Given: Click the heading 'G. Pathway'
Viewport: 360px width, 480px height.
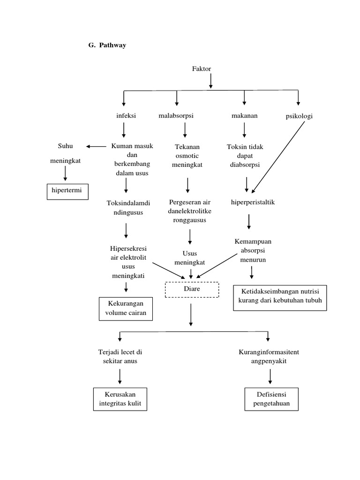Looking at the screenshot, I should click(x=107, y=45).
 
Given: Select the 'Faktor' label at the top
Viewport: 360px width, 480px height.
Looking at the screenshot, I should click(x=202, y=69).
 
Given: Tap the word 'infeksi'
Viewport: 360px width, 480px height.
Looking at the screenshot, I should click(x=126, y=116).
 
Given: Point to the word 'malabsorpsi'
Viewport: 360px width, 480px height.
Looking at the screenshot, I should click(x=177, y=116).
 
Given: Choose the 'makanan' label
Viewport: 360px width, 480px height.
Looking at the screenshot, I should click(x=244, y=116).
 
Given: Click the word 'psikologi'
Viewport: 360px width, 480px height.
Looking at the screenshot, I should click(x=299, y=117).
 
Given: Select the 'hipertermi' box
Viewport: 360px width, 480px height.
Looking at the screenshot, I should click(x=67, y=192).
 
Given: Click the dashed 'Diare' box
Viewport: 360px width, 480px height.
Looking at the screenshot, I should click(x=192, y=289).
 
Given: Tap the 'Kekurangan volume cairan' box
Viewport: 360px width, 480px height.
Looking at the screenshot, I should click(x=126, y=308).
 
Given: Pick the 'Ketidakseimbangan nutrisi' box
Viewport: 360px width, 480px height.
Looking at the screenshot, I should click(x=280, y=297).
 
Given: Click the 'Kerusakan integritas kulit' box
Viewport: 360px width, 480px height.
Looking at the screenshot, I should click(x=120, y=399).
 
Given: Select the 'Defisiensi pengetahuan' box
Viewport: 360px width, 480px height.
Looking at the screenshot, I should click(x=270, y=399).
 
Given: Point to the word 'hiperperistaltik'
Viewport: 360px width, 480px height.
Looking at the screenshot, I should click(x=253, y=202).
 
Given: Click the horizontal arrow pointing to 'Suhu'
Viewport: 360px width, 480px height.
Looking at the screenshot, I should click(x=97, y=147).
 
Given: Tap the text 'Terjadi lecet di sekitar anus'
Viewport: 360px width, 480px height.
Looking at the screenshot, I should click(x=120, y=356).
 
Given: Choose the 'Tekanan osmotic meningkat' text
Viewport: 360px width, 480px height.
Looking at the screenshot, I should click(x=187, y=156).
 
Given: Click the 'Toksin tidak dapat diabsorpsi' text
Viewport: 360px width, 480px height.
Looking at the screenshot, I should click(x=245, y=156).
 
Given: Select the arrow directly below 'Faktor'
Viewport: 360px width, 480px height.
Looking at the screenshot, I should click(x=211, y=81).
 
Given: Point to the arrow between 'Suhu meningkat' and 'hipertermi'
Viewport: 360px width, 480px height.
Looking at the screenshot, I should click(x=65, y=173).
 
